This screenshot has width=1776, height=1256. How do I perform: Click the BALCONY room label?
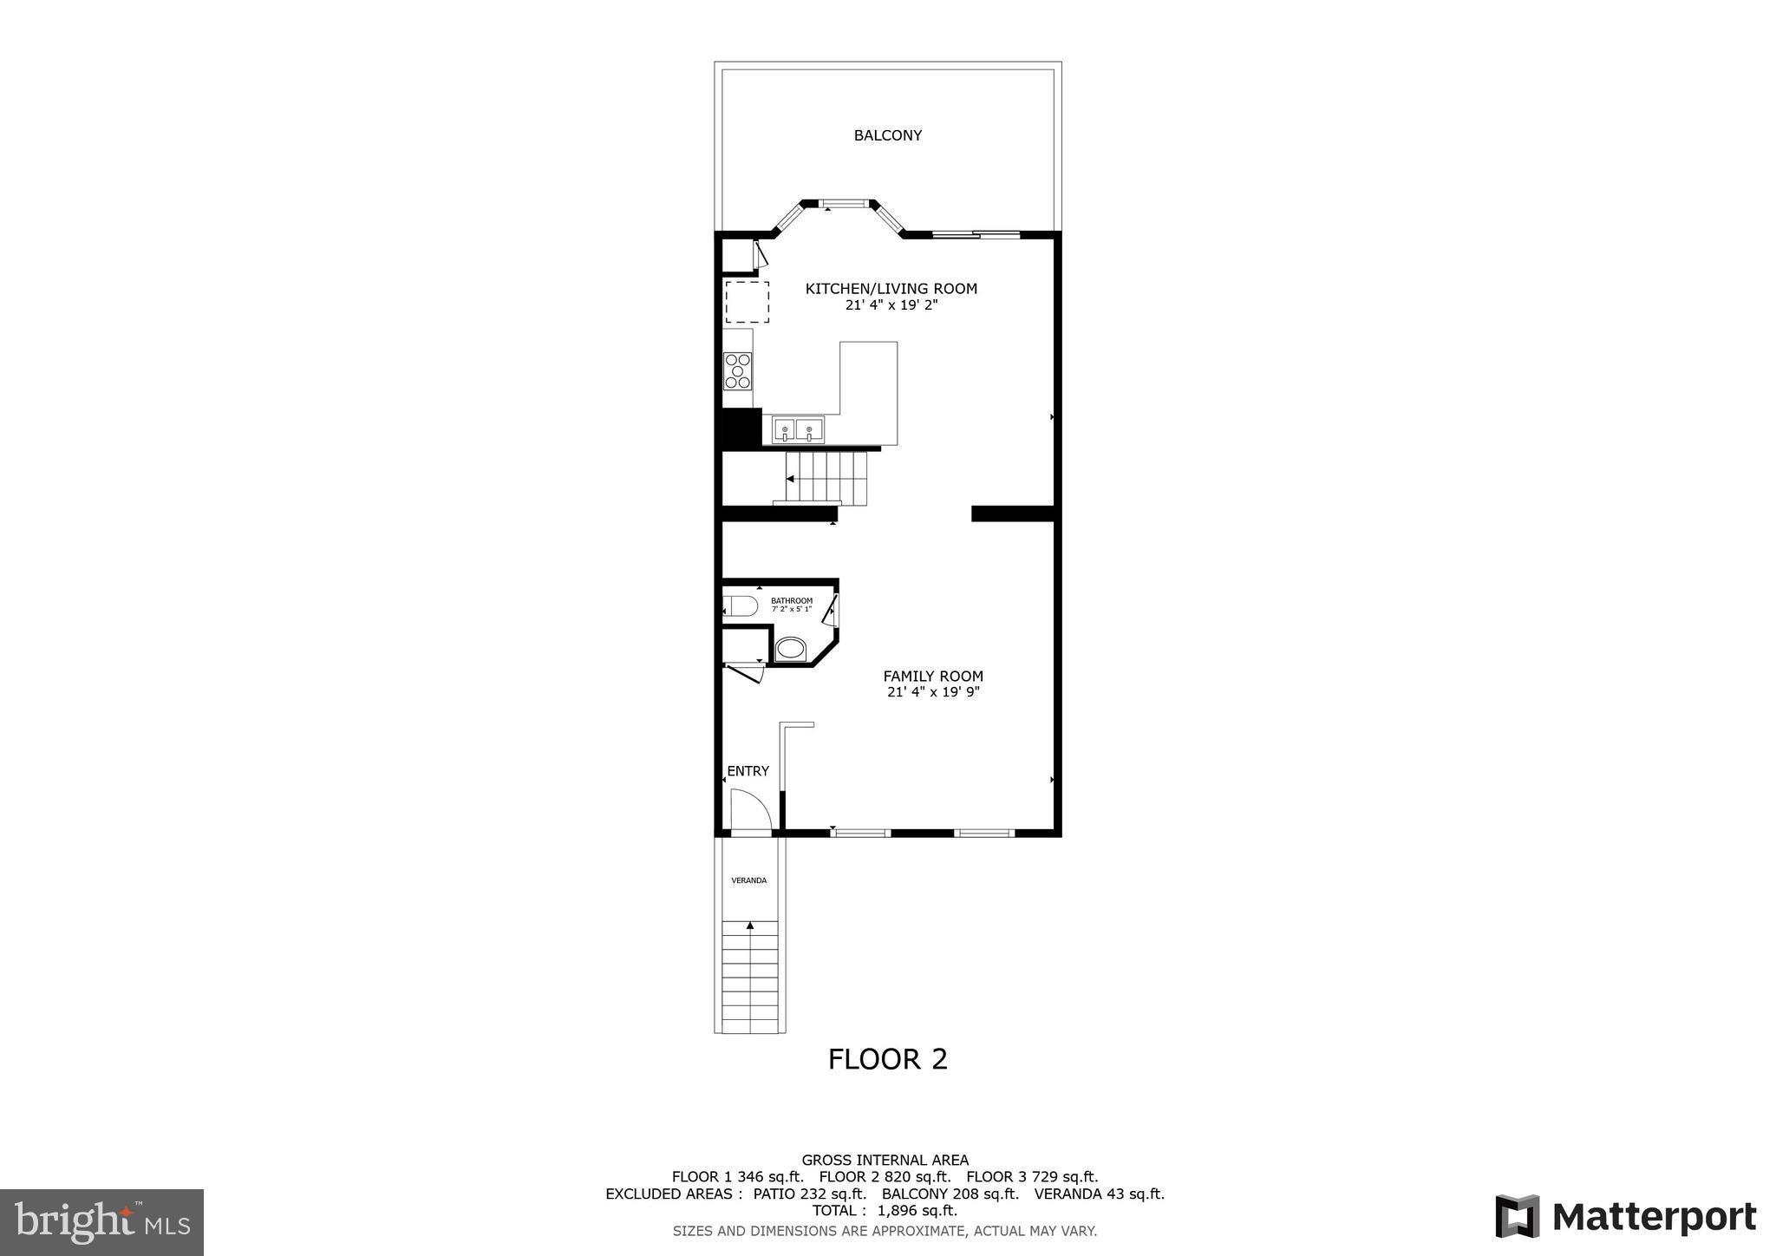(x=887, y=135)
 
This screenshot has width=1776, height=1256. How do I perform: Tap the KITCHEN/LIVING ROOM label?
(x=891, y=289)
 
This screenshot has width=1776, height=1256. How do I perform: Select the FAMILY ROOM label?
(x=933, y=677)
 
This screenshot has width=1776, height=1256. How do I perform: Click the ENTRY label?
(x=748, y=771)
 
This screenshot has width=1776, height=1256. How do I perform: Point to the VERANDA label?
(x=748, y=880)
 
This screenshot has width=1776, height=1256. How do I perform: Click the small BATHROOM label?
(x=792, y=600)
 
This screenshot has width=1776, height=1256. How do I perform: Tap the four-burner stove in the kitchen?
(x=738, y=371)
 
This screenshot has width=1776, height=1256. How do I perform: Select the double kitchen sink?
(x=798, y=430)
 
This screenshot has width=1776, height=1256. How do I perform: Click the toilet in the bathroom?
(x=741, y=605)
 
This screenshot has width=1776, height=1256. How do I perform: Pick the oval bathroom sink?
(x=790, y=648)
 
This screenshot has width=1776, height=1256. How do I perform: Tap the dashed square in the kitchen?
(x=747, y=302)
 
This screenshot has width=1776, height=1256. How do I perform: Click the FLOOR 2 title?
(x=887, y=1059)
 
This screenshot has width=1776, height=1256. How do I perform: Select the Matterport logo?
(x=1625, y=1217)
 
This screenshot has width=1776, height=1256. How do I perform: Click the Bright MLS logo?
(x=101, y=1222)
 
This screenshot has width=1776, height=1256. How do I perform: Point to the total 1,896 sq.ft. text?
(x=885, y=1211)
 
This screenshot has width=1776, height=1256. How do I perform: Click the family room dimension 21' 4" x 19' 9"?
(x=933, y=692)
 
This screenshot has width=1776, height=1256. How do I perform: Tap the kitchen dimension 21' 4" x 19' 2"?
(x=891, y=305)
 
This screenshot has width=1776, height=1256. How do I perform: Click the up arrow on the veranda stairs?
(x=750, y=926)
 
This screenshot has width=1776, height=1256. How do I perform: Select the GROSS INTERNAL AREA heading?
(x=885, y=1160)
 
